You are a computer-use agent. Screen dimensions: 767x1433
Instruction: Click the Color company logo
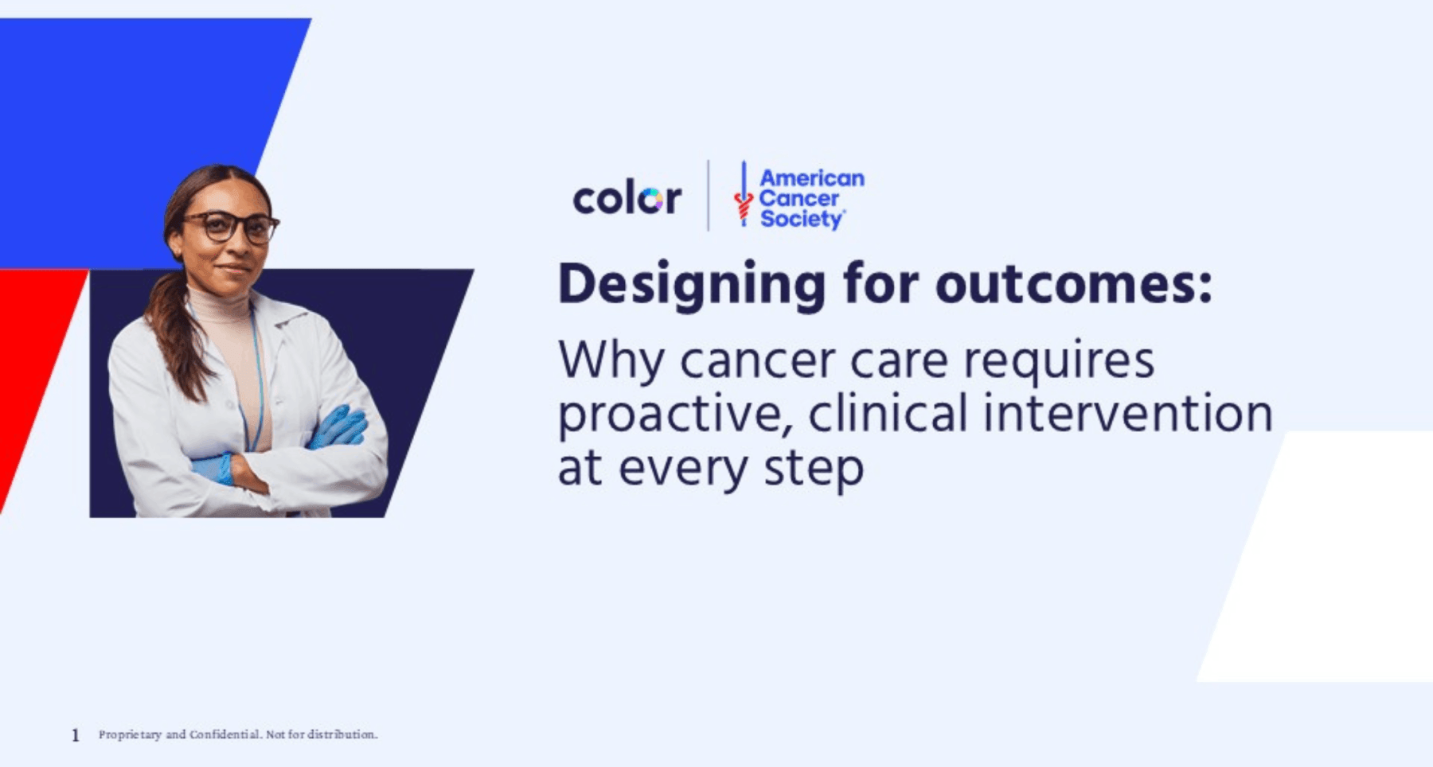[x=627, y=198]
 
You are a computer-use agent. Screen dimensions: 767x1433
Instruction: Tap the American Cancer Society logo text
[x=811, y=198]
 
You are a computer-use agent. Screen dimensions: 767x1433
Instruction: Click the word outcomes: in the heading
[x=1074, y=283]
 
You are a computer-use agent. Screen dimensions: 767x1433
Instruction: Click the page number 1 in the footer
[x=76, y=735]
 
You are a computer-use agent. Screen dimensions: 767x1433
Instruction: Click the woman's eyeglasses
[x=231, y=227]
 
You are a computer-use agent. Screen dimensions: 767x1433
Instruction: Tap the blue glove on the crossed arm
[x=338, y=426]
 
